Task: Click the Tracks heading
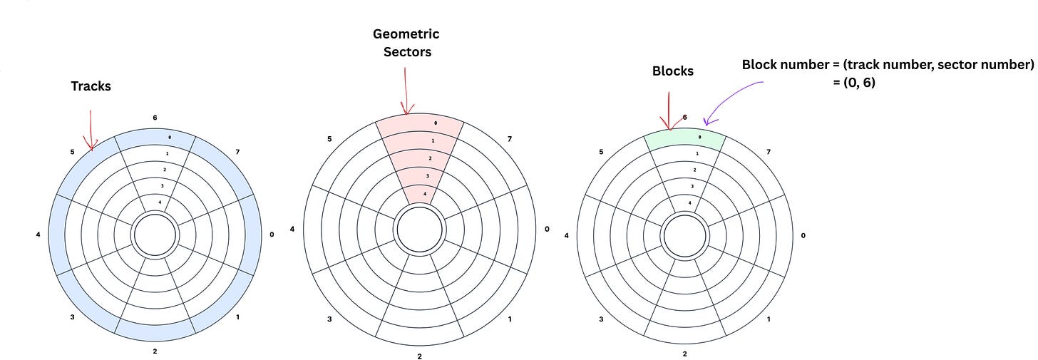coord(91,86)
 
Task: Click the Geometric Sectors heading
coord(406,43)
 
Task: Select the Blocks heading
coord(672,71)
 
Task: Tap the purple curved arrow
coord(731,100)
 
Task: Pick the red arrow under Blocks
coord(669,110)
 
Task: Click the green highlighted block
coord(684,138)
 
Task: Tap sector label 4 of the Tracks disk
coord(37,234)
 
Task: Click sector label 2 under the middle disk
coord(419,356)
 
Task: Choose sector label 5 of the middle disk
coord(329,138)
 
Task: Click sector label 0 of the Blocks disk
coord(803,235)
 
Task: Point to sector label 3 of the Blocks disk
coord(601,319)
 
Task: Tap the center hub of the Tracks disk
coord(155,235)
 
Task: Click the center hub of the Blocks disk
coord(685,235)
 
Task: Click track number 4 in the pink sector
coord(425,194)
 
